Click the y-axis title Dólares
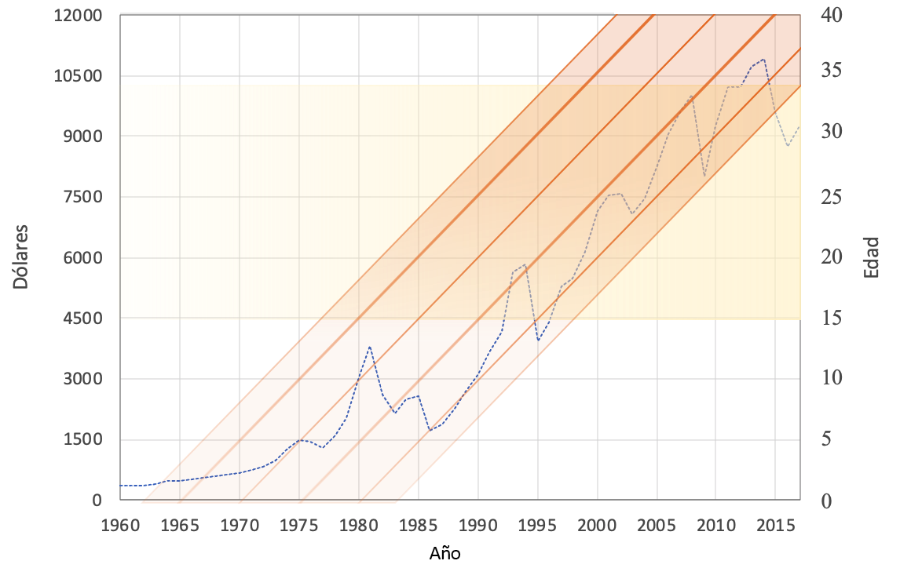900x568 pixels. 21,257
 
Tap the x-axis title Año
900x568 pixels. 445,553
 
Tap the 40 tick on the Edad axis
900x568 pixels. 830,16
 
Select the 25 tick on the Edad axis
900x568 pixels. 830,197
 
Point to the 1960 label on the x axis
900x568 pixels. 120,523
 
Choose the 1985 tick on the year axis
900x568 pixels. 419,523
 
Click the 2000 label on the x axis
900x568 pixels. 598,523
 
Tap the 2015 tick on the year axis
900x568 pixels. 776,523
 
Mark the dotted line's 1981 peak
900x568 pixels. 370,346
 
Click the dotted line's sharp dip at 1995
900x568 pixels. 538,340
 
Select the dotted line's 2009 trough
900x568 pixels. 704,176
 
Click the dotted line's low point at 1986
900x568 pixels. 430,431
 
